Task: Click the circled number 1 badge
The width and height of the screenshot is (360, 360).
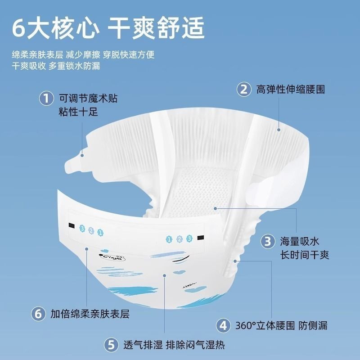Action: (46, 99)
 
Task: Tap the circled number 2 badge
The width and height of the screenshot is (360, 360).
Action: (244, 89)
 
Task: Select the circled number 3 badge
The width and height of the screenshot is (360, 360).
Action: (268, 241)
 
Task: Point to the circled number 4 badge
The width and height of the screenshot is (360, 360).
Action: (223, 325)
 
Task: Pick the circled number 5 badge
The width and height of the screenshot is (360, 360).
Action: (111, 345)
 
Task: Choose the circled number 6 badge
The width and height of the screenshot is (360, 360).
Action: (38, 314)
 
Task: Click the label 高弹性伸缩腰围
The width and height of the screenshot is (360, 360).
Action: (291, 89)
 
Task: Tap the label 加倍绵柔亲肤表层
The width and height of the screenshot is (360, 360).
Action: (90, 314)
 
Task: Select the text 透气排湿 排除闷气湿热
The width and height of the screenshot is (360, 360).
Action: (174, 345)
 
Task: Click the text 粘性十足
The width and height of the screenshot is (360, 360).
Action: (78, 112)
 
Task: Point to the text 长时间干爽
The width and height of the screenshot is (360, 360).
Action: (305, 255)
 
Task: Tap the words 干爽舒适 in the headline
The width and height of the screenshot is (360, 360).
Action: (156, 28)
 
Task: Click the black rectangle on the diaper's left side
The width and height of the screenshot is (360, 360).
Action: (72, 225)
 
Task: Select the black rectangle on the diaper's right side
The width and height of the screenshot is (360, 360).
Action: (201, 238)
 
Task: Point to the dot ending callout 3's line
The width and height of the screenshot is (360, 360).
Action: (215, 208)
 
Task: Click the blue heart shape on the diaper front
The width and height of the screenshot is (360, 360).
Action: (179, 272)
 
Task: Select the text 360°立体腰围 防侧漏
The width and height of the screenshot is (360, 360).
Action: (282, 325)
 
